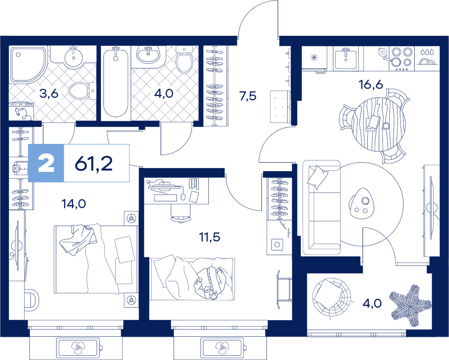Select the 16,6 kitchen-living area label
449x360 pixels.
click(x=371, y=85)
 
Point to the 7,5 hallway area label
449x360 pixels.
click(x=248, y=96)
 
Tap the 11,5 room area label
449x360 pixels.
click(x=209, y=237)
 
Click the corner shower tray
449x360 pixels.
click(x=28, y=64)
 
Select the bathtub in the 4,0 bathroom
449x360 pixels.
click(x=116, y=82)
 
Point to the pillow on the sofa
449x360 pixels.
click(x=317, y=177)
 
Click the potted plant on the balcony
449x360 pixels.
click(x=411, y=306)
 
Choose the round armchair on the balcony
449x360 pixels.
click(x=332, y=297)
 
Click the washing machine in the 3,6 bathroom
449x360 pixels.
click(x=21, y=111)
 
